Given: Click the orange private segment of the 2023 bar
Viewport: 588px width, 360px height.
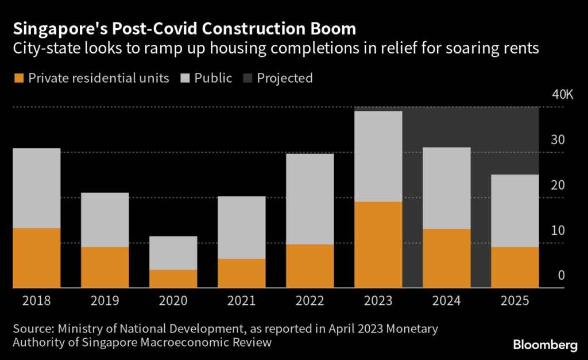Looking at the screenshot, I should tap(378, 245).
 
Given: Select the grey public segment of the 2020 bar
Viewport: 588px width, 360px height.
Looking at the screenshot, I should tap(173, 253).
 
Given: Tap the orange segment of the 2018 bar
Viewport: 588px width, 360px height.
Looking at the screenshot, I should tap(36, 258).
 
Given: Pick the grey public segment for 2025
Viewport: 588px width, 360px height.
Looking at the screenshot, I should tap(515, 211).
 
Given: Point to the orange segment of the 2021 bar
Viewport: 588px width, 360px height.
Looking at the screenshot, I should tap(242, 273).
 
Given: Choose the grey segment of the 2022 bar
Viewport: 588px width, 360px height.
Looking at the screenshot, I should tap(310, 199).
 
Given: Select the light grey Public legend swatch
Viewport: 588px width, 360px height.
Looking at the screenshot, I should tap(186, 78).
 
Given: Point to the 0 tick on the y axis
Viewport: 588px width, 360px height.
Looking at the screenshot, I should tap(562, 276).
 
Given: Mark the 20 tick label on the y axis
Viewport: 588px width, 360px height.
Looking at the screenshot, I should tap(558, 185).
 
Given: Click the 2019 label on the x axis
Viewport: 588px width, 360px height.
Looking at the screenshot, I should tap(105, 301).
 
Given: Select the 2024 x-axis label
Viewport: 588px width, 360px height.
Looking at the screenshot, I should tap(447, 301).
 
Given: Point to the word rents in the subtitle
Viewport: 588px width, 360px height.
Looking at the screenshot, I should tap(521, 48).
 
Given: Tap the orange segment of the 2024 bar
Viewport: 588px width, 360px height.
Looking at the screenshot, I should tap(447, 258).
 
